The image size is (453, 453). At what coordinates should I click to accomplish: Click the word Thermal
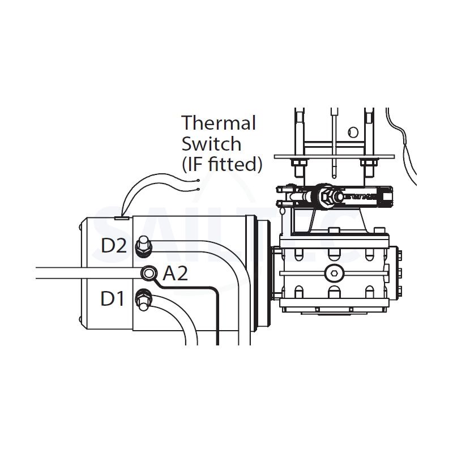click(x=218, y=123)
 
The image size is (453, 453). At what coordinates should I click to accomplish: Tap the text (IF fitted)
click(x=221, y=164)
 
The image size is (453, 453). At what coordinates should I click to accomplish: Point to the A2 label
click(x=174, y=275)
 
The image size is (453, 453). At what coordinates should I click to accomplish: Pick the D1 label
click(x=112, y=299)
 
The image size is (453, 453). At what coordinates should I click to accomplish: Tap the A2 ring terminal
click(x=148, y=273)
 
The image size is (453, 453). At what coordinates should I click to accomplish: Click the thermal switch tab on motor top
click(x=122, y=217)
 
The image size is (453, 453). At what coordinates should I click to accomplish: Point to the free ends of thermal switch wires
click(x=198, y=185)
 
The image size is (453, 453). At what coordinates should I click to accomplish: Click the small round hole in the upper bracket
click(x=353, y=133)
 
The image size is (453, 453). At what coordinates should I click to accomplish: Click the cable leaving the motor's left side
click(x=57, y=272)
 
